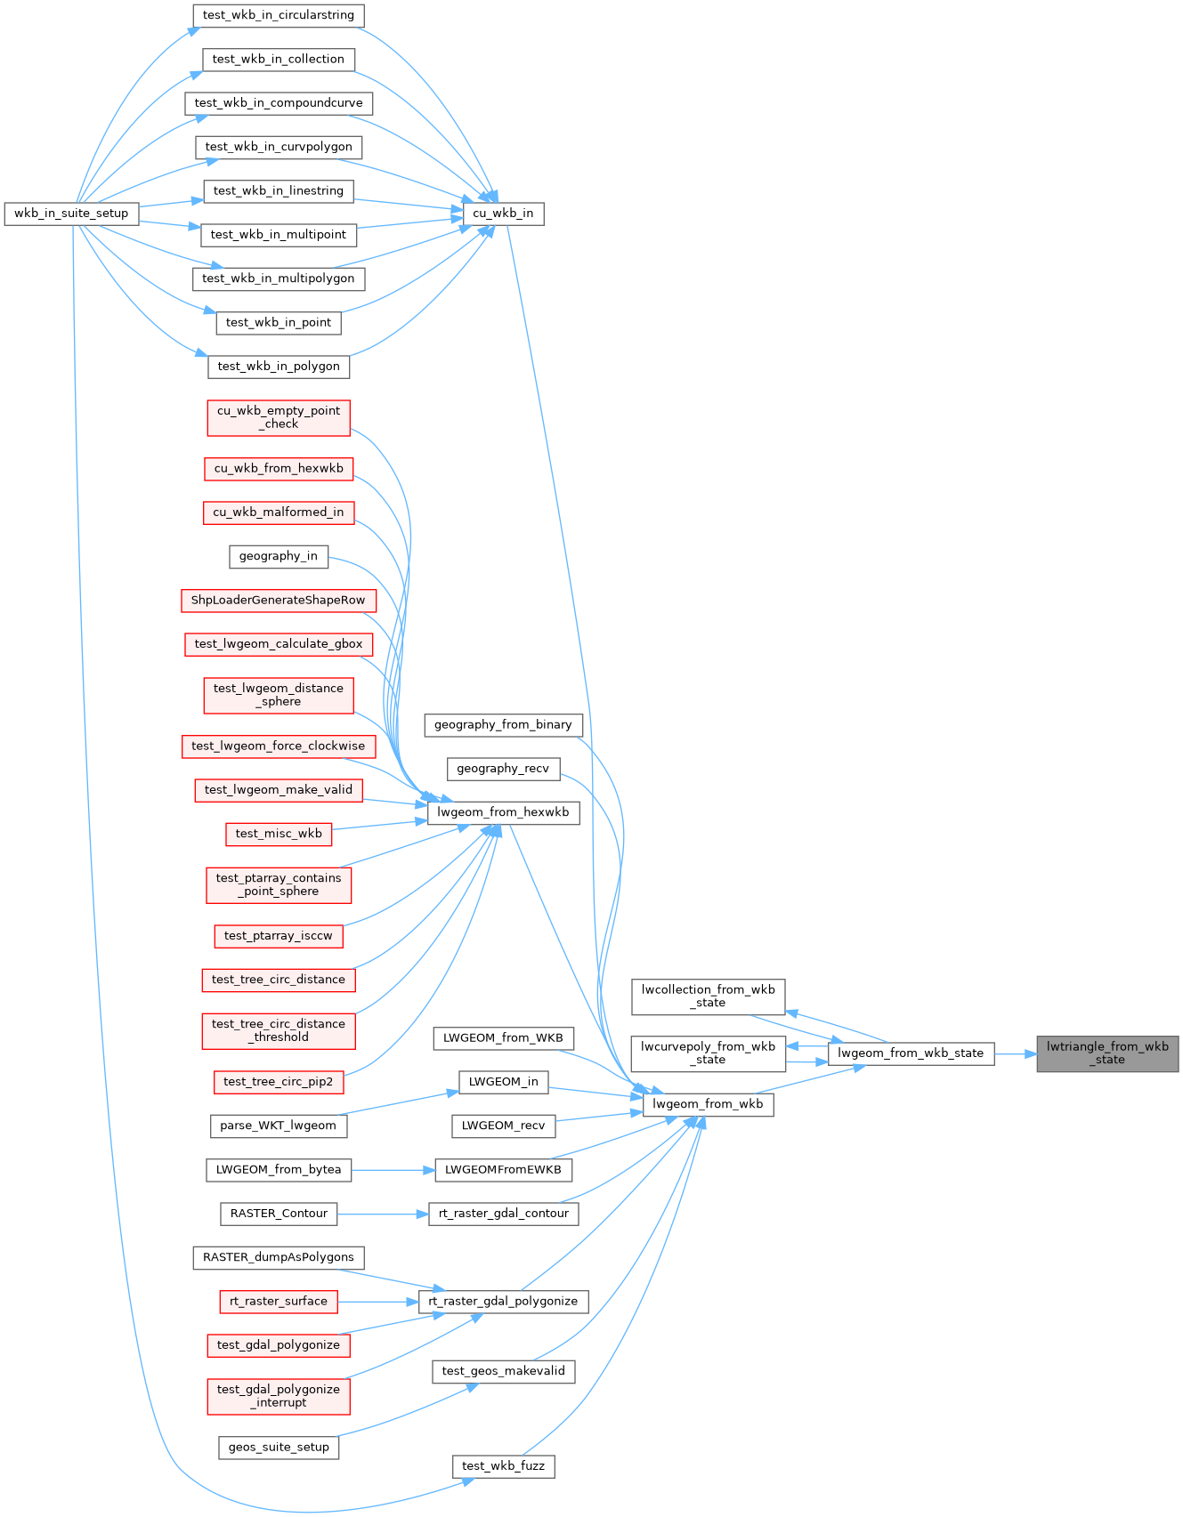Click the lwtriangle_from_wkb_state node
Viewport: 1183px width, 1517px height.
pos(1107,1053)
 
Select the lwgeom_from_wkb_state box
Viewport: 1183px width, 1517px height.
pos(911,1053)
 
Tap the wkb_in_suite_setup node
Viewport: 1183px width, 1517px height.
pos(71,214)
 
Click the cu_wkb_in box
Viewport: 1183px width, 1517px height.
pos(503,214)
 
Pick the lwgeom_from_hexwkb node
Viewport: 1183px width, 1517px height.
pos(503,812)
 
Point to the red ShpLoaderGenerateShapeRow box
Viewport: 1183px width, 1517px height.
pos(278,601)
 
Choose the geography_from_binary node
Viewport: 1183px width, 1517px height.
pos(503,725)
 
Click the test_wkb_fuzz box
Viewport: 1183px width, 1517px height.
pos(503,1466)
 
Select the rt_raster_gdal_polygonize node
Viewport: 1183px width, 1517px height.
pos(503,1302)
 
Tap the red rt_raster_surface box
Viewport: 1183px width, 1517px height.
pos(278,1302)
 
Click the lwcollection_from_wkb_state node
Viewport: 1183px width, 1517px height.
pos(708,997)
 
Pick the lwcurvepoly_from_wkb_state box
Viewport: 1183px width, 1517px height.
pos(708,1053)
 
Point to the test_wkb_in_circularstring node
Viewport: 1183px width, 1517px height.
pos(278,15)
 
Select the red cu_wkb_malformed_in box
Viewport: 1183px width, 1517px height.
pos(278,512)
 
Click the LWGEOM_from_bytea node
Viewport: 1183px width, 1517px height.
pos(278,1170)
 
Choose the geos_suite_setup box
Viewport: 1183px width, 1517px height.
pos(278,1448)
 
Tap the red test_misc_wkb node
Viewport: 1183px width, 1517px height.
pos(278,834)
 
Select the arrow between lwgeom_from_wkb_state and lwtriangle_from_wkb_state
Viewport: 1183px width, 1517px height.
pos(1015,1054)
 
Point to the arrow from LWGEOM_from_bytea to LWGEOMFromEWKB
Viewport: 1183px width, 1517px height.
pos(393,1170)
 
